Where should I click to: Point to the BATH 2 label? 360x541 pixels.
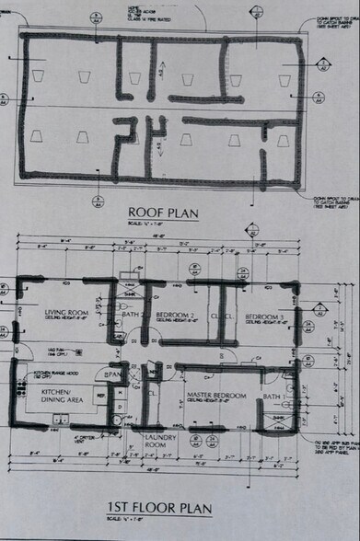130,316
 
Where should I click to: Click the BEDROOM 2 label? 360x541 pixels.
174,316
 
